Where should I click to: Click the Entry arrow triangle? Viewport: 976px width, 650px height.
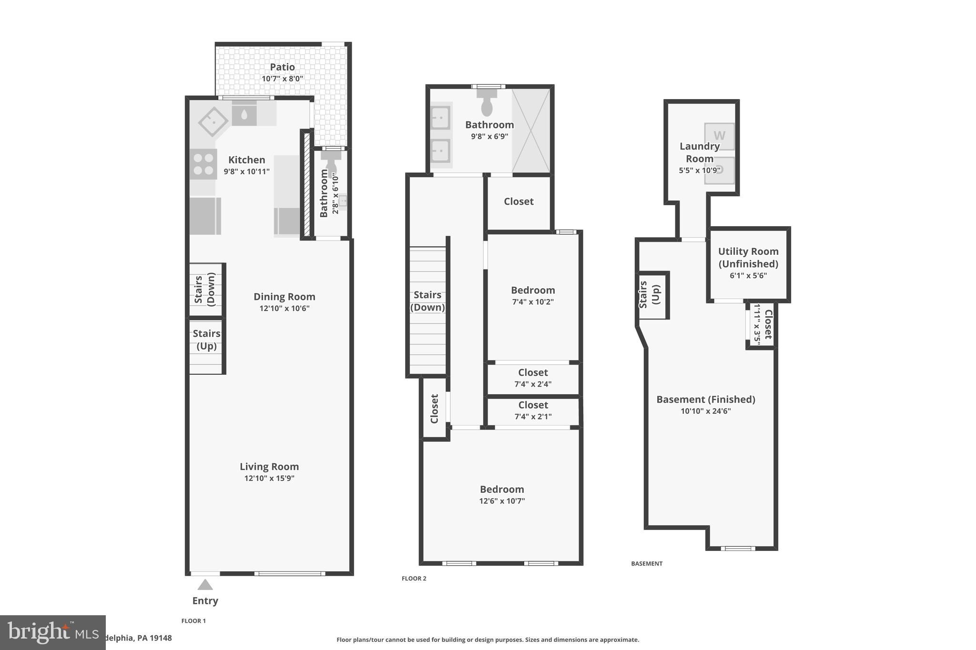pyautogui.click(x=205, y=585)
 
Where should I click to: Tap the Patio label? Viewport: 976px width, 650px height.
pyautogui.click(x=282, y=67)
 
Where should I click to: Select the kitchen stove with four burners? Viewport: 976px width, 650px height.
pyautogui.click(x=203, y=164)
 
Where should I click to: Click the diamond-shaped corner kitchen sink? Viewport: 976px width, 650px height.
pyautogui.click(x=213, y=121)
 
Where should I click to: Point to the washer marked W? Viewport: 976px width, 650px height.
pyautogui.click(x=719, y=136)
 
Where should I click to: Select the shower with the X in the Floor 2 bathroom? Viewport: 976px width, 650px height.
pyautogui.click(x=530, y=130)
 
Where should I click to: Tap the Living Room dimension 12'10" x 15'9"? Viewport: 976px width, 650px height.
pyautogui.click(x=269, y=478)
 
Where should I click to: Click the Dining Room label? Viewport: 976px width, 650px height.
pyautogui.click(x=284, y=297)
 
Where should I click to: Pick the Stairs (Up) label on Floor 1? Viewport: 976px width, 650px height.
pyautogui.click(x=206, y=340)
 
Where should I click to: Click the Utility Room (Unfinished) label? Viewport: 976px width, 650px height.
pyautogui.click(x=748, y=257)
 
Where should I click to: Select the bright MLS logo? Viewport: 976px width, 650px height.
pyautogui.click(x=52, y=632)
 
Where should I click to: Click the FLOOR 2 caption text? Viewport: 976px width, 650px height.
pyautogui.click(x=414, y=579)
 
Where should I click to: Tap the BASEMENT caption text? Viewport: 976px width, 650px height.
pyautogui.click(x=647, y=563)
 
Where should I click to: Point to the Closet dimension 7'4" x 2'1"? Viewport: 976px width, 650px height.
pyautogui.click(x=533, y=417)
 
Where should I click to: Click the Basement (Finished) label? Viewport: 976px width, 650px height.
pyautogui.click(x=706, y=400)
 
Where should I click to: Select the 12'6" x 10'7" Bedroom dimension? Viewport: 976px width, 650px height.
pyautogui.click(x=502, y=501)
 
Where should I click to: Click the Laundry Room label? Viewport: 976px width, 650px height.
pyautogui.click(x=699, y=152)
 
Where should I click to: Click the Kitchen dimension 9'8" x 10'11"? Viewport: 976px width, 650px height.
pyautogui.click(x=246, y=171)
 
